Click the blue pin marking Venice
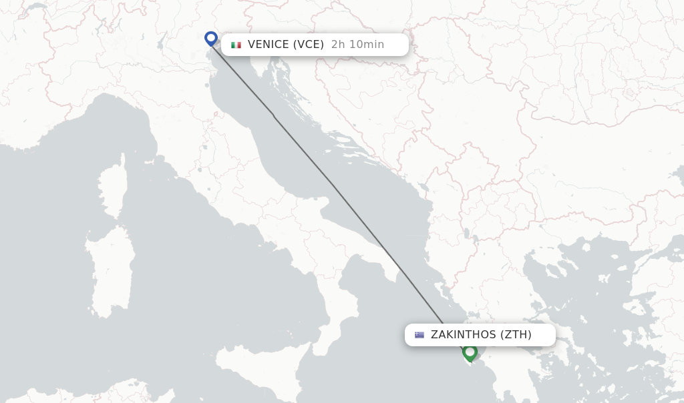(211, 38)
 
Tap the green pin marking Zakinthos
(470, 352)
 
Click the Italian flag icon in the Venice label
(236, 45)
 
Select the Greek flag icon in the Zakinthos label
(419, 335)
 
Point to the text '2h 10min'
(357, 45)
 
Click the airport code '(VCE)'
(308, 45)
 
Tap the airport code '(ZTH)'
(516, 335)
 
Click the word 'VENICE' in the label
(269, 45)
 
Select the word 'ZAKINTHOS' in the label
(463, 335)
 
